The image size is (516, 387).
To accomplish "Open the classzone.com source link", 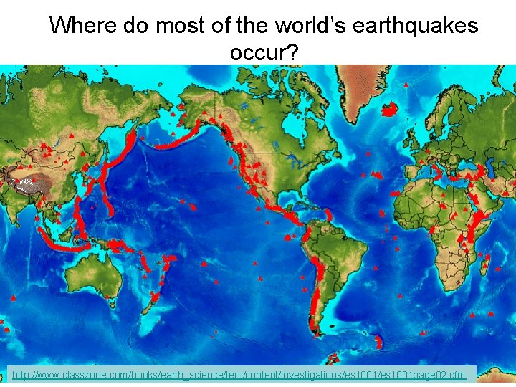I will tap(239, 374).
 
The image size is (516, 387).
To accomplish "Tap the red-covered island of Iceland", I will tap(389, 109).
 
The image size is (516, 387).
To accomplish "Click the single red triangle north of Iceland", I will tap(407, 85).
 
